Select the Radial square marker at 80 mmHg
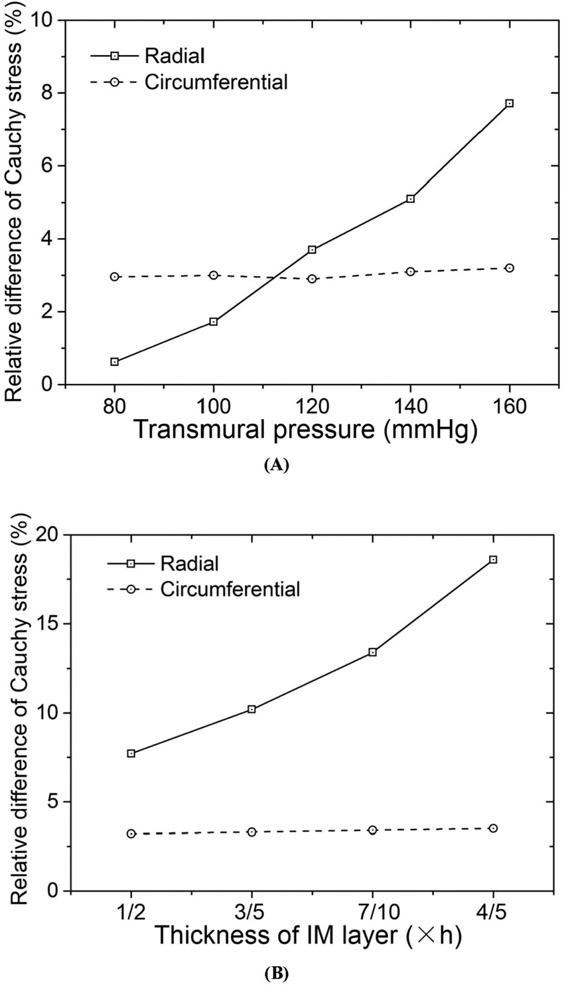coord(115,362)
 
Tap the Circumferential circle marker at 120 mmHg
coord(312,279)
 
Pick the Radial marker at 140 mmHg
coord(411,199)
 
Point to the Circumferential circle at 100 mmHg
coord(214,275)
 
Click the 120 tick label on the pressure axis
coord(312,405)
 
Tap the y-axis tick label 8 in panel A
coord(50,93)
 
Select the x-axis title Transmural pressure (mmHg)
coord(307,431)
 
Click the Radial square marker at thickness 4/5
coord(493,560)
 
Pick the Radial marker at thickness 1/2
coord(131,753)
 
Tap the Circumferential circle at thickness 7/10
coord(372,830)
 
